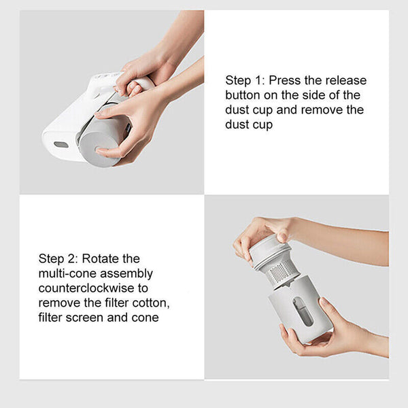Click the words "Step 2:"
coord(58,259)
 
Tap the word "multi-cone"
coord(67,273)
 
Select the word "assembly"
coord(126,274)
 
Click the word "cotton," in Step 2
coord(151,303)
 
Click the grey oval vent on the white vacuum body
coord(61,145)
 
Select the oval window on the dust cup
coord(303,311)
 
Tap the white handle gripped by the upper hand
coord(143,83)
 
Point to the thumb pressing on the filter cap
coord(282,236)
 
